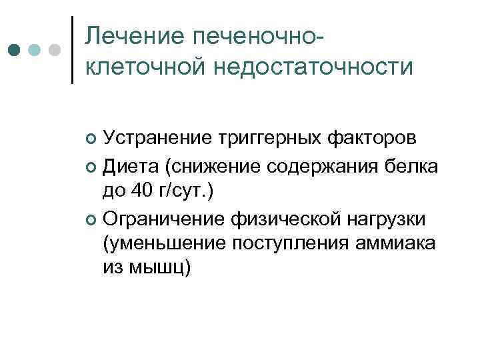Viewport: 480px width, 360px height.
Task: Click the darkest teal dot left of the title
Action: (x=14, y=50)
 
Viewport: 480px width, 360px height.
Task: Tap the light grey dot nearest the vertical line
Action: (x=55, y=50)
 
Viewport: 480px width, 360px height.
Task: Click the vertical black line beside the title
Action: (x=72, y=50)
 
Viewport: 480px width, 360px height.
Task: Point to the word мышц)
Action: (x=161, y=270)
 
